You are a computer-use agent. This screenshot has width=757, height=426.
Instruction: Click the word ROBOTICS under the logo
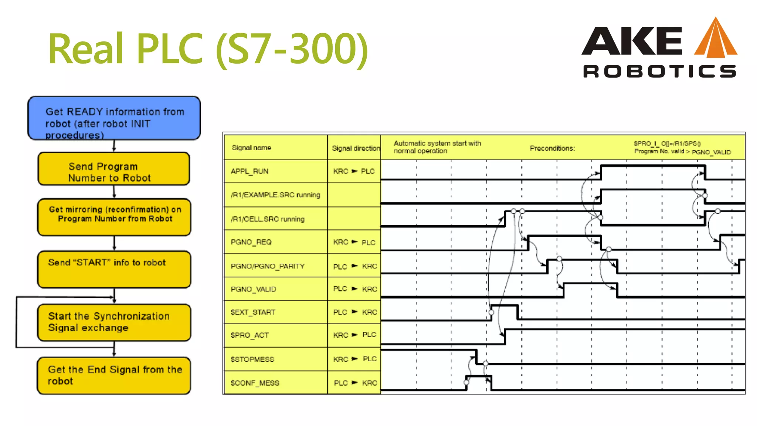click(659, 71)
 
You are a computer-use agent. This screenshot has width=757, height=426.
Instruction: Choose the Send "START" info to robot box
click(114, 269)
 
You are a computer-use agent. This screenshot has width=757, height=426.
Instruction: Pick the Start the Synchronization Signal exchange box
click(114, 322)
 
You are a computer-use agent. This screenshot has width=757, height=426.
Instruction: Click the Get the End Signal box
click(114, 375)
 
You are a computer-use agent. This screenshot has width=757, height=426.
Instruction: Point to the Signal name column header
click(251, 148)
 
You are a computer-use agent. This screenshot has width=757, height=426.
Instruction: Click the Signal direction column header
click(356, 148)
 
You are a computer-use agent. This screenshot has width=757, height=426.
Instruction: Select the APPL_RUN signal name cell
click(249, 171)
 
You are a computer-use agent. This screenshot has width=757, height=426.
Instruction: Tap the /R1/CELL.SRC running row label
click(268, 219)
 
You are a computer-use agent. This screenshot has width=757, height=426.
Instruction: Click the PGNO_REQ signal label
click(251, 242)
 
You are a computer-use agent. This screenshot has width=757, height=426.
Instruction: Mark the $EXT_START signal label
click(253, 312)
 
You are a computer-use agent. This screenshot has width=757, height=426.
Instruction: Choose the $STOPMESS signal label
click(252, 359)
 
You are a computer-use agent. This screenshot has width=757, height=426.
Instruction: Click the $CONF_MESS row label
click(255, 383)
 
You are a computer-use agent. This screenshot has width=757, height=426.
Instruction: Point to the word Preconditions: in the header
click(552, 148)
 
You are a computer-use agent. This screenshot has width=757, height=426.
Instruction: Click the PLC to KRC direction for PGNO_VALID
click(355, 289)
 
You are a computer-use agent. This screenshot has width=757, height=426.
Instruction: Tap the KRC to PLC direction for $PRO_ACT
click(354, 335)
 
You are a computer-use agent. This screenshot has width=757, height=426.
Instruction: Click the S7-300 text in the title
click(292, 49)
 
